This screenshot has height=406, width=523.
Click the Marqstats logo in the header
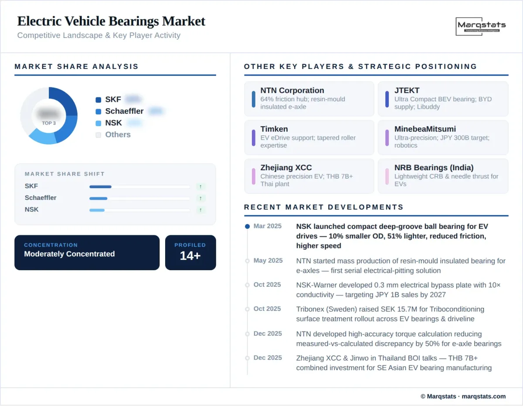pyautogui.click(x=481, y=26)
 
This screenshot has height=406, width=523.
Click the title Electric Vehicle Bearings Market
pyautogui.click(x=111, y=21)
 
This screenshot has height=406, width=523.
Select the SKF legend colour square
pyautogui.click(x=98, y=100)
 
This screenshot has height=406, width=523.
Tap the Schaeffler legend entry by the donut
pyautogui.click(x=124, y=111)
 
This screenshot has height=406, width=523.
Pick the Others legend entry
pyautogui.click(x=118, y=134)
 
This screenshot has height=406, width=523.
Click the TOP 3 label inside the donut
pyautogui.click(x=49, y=123)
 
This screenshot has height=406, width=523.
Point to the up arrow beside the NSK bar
pyautogui.click(x=200, y=210)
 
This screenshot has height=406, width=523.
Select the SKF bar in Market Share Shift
pyautogui.click(x=101, y=186)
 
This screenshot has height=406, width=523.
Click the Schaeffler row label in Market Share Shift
pyautogui.click(x=41, y=198)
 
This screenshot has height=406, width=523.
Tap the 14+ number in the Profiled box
pyautogui.click(x=190, y=256)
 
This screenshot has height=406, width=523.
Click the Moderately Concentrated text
pyautogui.click(x=69, y=254)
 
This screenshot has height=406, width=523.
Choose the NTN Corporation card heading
pyautogui.click(x=292, y=90)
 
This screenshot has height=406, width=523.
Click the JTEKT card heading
pyautogui.click(x=407, y=90)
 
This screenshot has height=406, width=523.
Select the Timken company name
pyautogui.click(x=274, y=129)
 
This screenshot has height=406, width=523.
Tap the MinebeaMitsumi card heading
pyautogui.click(x=425, y=129)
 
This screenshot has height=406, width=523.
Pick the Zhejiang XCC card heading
pyautogui.click(x=286, y=168)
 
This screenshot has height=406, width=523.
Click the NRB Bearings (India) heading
pyautogui.click(x=434, y=168)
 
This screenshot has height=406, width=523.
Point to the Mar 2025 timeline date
pyautogui.click(x=268, y=226)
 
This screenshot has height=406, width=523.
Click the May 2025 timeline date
pyautogui.click(x=268, y=261)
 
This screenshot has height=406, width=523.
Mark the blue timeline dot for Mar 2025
pyautogui.click(x=248, y=227)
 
